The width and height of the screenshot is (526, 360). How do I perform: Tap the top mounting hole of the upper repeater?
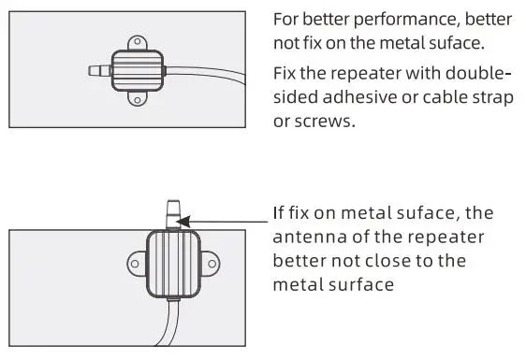tap(138, 42)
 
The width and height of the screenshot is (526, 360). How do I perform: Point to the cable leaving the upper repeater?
tap(206, 72)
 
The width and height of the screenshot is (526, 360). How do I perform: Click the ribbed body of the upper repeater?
tap(138, 70)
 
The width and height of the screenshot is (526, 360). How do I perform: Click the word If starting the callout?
tap(281, 213)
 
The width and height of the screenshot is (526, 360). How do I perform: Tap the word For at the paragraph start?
tap(287, 20)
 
